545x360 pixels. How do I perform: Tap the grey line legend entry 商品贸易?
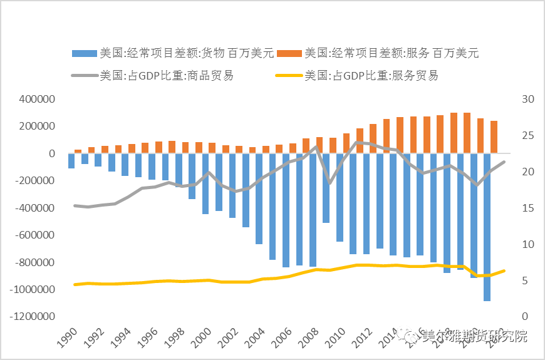pos(153,76)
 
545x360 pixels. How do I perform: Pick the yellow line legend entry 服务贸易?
pos(358,76)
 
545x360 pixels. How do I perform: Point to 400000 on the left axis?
pos(38,100)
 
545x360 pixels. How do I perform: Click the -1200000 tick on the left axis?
pos(33,317)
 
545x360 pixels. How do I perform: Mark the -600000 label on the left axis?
pos(36,235)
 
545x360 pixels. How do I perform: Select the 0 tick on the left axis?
pos(53,154)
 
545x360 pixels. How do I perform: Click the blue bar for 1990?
pos(71,161)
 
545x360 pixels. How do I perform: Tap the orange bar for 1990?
pos(78,152)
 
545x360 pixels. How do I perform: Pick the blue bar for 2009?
pos(326,188)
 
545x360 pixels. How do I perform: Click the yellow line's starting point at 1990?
pos(75,284)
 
